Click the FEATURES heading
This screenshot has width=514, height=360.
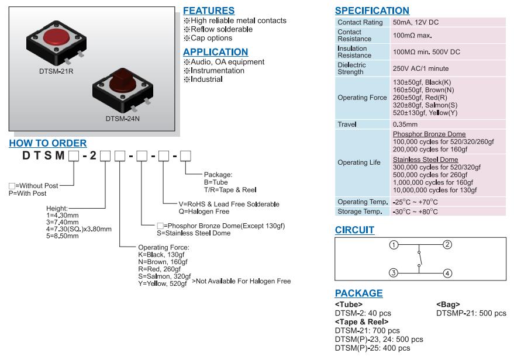coord(209,11)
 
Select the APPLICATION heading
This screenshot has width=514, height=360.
coord(215,52)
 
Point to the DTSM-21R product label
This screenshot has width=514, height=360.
coord(53,72)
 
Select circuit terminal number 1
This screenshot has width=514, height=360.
coord(394,244)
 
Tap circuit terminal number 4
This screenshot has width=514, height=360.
coord(447,273)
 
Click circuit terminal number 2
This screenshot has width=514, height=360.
coord(447,244)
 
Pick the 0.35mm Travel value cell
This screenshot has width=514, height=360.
coord(405,124)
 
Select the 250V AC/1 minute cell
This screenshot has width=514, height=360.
coord(421,68)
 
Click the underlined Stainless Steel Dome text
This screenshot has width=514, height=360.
coord(425,160)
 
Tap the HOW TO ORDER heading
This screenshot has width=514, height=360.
coord(47,143)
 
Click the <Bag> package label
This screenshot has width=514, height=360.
coord(448,304)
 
